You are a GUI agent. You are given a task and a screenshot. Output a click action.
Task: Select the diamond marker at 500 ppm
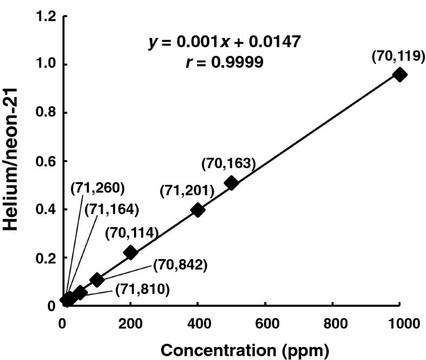point(231,183)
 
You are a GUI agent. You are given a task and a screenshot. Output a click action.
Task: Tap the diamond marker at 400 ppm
point(198,210)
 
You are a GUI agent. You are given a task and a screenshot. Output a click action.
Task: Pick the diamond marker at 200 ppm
point(130,252)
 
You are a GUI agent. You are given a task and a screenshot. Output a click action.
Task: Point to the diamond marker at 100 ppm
point(97,280)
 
